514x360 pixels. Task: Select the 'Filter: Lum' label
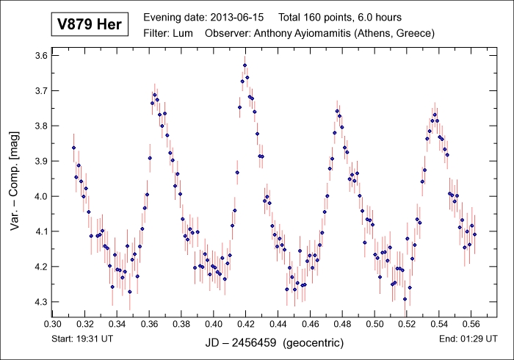tap(170, 33)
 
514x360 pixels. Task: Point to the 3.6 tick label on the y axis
tap(40, 56)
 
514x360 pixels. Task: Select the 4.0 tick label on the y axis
tap(40, 196)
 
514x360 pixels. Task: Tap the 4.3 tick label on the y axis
tap(40, 302)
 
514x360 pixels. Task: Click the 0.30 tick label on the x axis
tap(53, 323)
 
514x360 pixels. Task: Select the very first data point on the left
tap(73, 148)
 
